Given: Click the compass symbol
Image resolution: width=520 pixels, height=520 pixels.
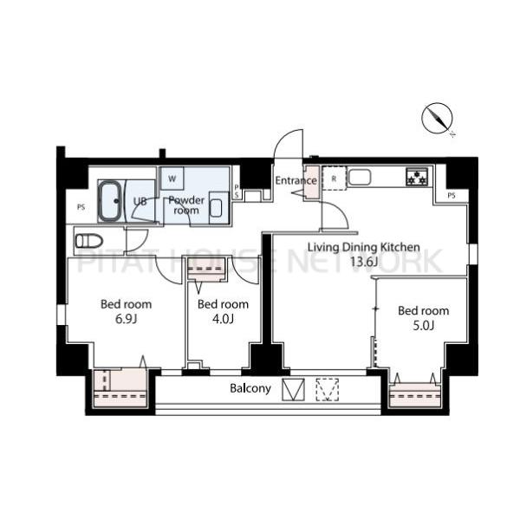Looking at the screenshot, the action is pos(438,119).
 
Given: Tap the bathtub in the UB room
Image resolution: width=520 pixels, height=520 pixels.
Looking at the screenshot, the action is pos(109,201).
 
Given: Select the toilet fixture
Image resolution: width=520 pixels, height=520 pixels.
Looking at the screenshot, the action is pos(88,241).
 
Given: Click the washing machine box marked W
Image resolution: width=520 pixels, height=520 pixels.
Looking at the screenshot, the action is pos(172,179).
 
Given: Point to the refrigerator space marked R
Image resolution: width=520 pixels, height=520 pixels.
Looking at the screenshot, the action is pos(335,179).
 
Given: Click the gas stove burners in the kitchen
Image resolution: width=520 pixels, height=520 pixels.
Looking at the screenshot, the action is pos(417,177).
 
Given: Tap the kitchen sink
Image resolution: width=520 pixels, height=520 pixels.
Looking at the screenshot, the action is pos(360,177).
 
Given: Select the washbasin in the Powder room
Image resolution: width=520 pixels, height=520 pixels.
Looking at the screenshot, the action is pos(216,208).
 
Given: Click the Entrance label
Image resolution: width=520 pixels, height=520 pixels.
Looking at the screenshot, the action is pos(296,180).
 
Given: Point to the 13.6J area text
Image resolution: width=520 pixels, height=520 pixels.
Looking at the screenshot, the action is pos(364,262).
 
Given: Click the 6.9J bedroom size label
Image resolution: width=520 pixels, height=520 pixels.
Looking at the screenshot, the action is pos(126,319).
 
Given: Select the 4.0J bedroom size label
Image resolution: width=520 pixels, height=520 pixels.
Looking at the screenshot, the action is pos(223,319).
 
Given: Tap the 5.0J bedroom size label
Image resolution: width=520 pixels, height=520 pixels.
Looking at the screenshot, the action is pos(423,326).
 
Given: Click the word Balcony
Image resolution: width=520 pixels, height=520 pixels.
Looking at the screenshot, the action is pos(250,388).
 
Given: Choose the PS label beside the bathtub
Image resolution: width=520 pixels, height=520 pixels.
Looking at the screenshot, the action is pos(81,207).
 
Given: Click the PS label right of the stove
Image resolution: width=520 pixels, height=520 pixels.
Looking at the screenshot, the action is pos(452,196).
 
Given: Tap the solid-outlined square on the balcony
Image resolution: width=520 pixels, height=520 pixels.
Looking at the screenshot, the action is pos(293,390).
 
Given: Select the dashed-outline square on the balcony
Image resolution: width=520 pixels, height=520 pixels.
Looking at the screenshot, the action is pos(327,390).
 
